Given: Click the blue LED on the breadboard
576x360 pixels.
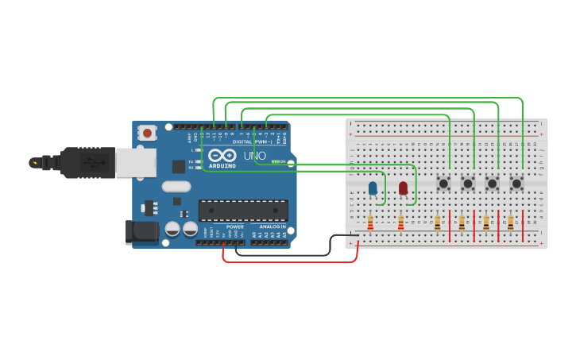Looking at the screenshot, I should (x=373, y=188).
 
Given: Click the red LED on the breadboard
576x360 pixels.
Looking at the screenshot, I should (x=403, y=188).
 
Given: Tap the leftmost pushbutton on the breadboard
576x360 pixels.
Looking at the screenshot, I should (x=443, y=184).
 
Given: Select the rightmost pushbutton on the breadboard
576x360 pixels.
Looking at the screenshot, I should (x=516, y=184).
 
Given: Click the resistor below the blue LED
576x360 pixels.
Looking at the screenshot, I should (x=370, y=223).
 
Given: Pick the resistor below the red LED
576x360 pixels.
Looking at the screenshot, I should (x=400, y=223).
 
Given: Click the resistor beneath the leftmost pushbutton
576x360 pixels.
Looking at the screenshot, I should (x=437, y=223).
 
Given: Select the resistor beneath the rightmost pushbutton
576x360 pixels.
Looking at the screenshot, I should (x=510, y=223).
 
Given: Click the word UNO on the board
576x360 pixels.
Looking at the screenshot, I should (x=254, y=156).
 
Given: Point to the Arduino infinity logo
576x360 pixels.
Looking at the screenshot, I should (x=222, y=155).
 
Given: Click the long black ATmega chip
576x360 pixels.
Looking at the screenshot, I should (x=243, y=210).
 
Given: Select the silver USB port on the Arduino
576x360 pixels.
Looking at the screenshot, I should (x=135, y=163).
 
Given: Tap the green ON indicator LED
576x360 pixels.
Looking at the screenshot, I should (x=275, y=161).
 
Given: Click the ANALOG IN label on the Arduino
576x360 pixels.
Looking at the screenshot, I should (x=269, y=227).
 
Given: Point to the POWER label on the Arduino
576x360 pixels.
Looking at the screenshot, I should (x=234, y=227).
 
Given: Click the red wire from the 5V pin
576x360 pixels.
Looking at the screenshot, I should (x=290, y=261).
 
